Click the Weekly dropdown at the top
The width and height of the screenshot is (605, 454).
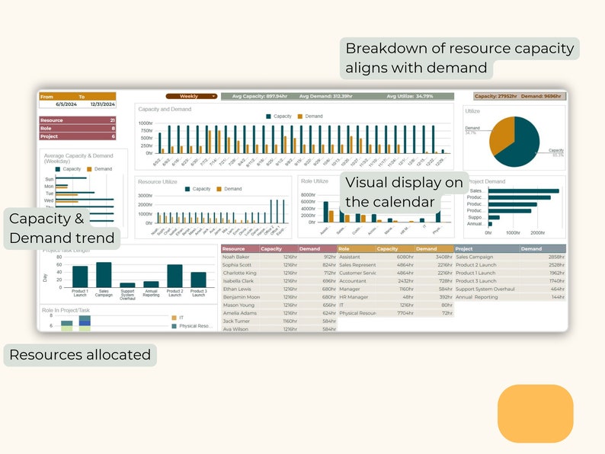click(191, 97)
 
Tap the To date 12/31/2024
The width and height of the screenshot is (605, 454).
click(101, 104)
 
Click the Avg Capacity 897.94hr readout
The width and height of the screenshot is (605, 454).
click(259, 97)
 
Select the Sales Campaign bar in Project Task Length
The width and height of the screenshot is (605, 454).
click(104, 274)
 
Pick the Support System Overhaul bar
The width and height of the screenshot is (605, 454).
click(127, 285)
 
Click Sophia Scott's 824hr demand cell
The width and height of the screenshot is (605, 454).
click(328, 265)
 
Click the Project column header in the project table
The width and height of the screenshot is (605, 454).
click(464, 249)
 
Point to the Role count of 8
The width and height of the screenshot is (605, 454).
click(113, 129)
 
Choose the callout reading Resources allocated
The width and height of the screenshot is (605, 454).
click(80, 354)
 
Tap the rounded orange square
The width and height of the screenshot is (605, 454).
click(535, 414)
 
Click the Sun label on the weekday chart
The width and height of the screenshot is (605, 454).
click(50, 180)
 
